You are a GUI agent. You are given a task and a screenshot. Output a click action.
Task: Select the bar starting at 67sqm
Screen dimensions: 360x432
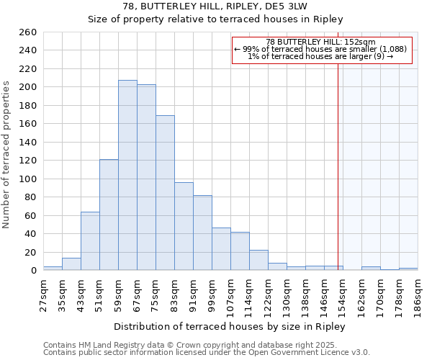146,177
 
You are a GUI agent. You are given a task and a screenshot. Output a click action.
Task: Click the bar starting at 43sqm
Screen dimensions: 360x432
90,241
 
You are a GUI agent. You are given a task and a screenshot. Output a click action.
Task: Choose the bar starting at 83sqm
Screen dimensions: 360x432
184,226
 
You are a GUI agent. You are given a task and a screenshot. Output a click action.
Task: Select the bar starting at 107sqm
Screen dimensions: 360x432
240,251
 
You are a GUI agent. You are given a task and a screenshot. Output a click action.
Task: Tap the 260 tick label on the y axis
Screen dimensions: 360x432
28,32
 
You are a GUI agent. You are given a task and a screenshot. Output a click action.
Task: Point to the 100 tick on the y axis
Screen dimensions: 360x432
28,179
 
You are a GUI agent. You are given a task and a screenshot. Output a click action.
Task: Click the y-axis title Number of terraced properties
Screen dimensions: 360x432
7,154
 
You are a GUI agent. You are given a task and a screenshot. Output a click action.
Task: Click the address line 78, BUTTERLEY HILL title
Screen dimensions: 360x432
215,6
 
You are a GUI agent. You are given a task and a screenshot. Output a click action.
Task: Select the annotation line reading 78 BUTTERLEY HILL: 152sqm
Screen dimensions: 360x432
320,42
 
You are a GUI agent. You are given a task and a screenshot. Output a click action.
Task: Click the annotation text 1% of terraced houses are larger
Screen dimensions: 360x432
320,56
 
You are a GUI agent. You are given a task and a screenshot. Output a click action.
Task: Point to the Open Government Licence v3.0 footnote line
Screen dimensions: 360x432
207,352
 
